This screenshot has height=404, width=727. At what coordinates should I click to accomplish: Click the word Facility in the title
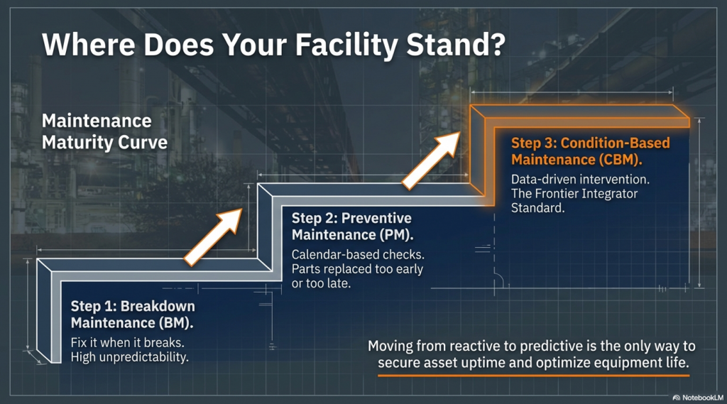pos(346,45)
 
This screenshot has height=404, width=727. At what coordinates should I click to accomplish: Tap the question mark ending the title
pos(495,44)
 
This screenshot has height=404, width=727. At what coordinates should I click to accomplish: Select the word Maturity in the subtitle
pos(77,143)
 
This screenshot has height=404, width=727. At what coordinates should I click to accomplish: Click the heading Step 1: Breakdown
pos(133,306)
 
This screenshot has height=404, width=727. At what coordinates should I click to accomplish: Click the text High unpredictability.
pos(129,357)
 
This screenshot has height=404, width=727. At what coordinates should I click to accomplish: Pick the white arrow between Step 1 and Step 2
pos(213,236)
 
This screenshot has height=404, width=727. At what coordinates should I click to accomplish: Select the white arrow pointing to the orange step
pos(431,161)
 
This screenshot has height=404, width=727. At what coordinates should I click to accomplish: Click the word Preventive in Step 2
pos(376,218)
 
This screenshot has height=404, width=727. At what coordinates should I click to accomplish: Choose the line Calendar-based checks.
pos(358,255)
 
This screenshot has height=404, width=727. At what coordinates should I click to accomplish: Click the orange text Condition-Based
pos(615,143)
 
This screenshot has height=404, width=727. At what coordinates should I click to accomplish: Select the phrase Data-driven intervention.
pos(580,179)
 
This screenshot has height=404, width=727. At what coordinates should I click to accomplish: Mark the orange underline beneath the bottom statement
pos(534,375)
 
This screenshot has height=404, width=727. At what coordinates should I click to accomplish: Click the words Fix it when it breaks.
pos(128,342)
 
